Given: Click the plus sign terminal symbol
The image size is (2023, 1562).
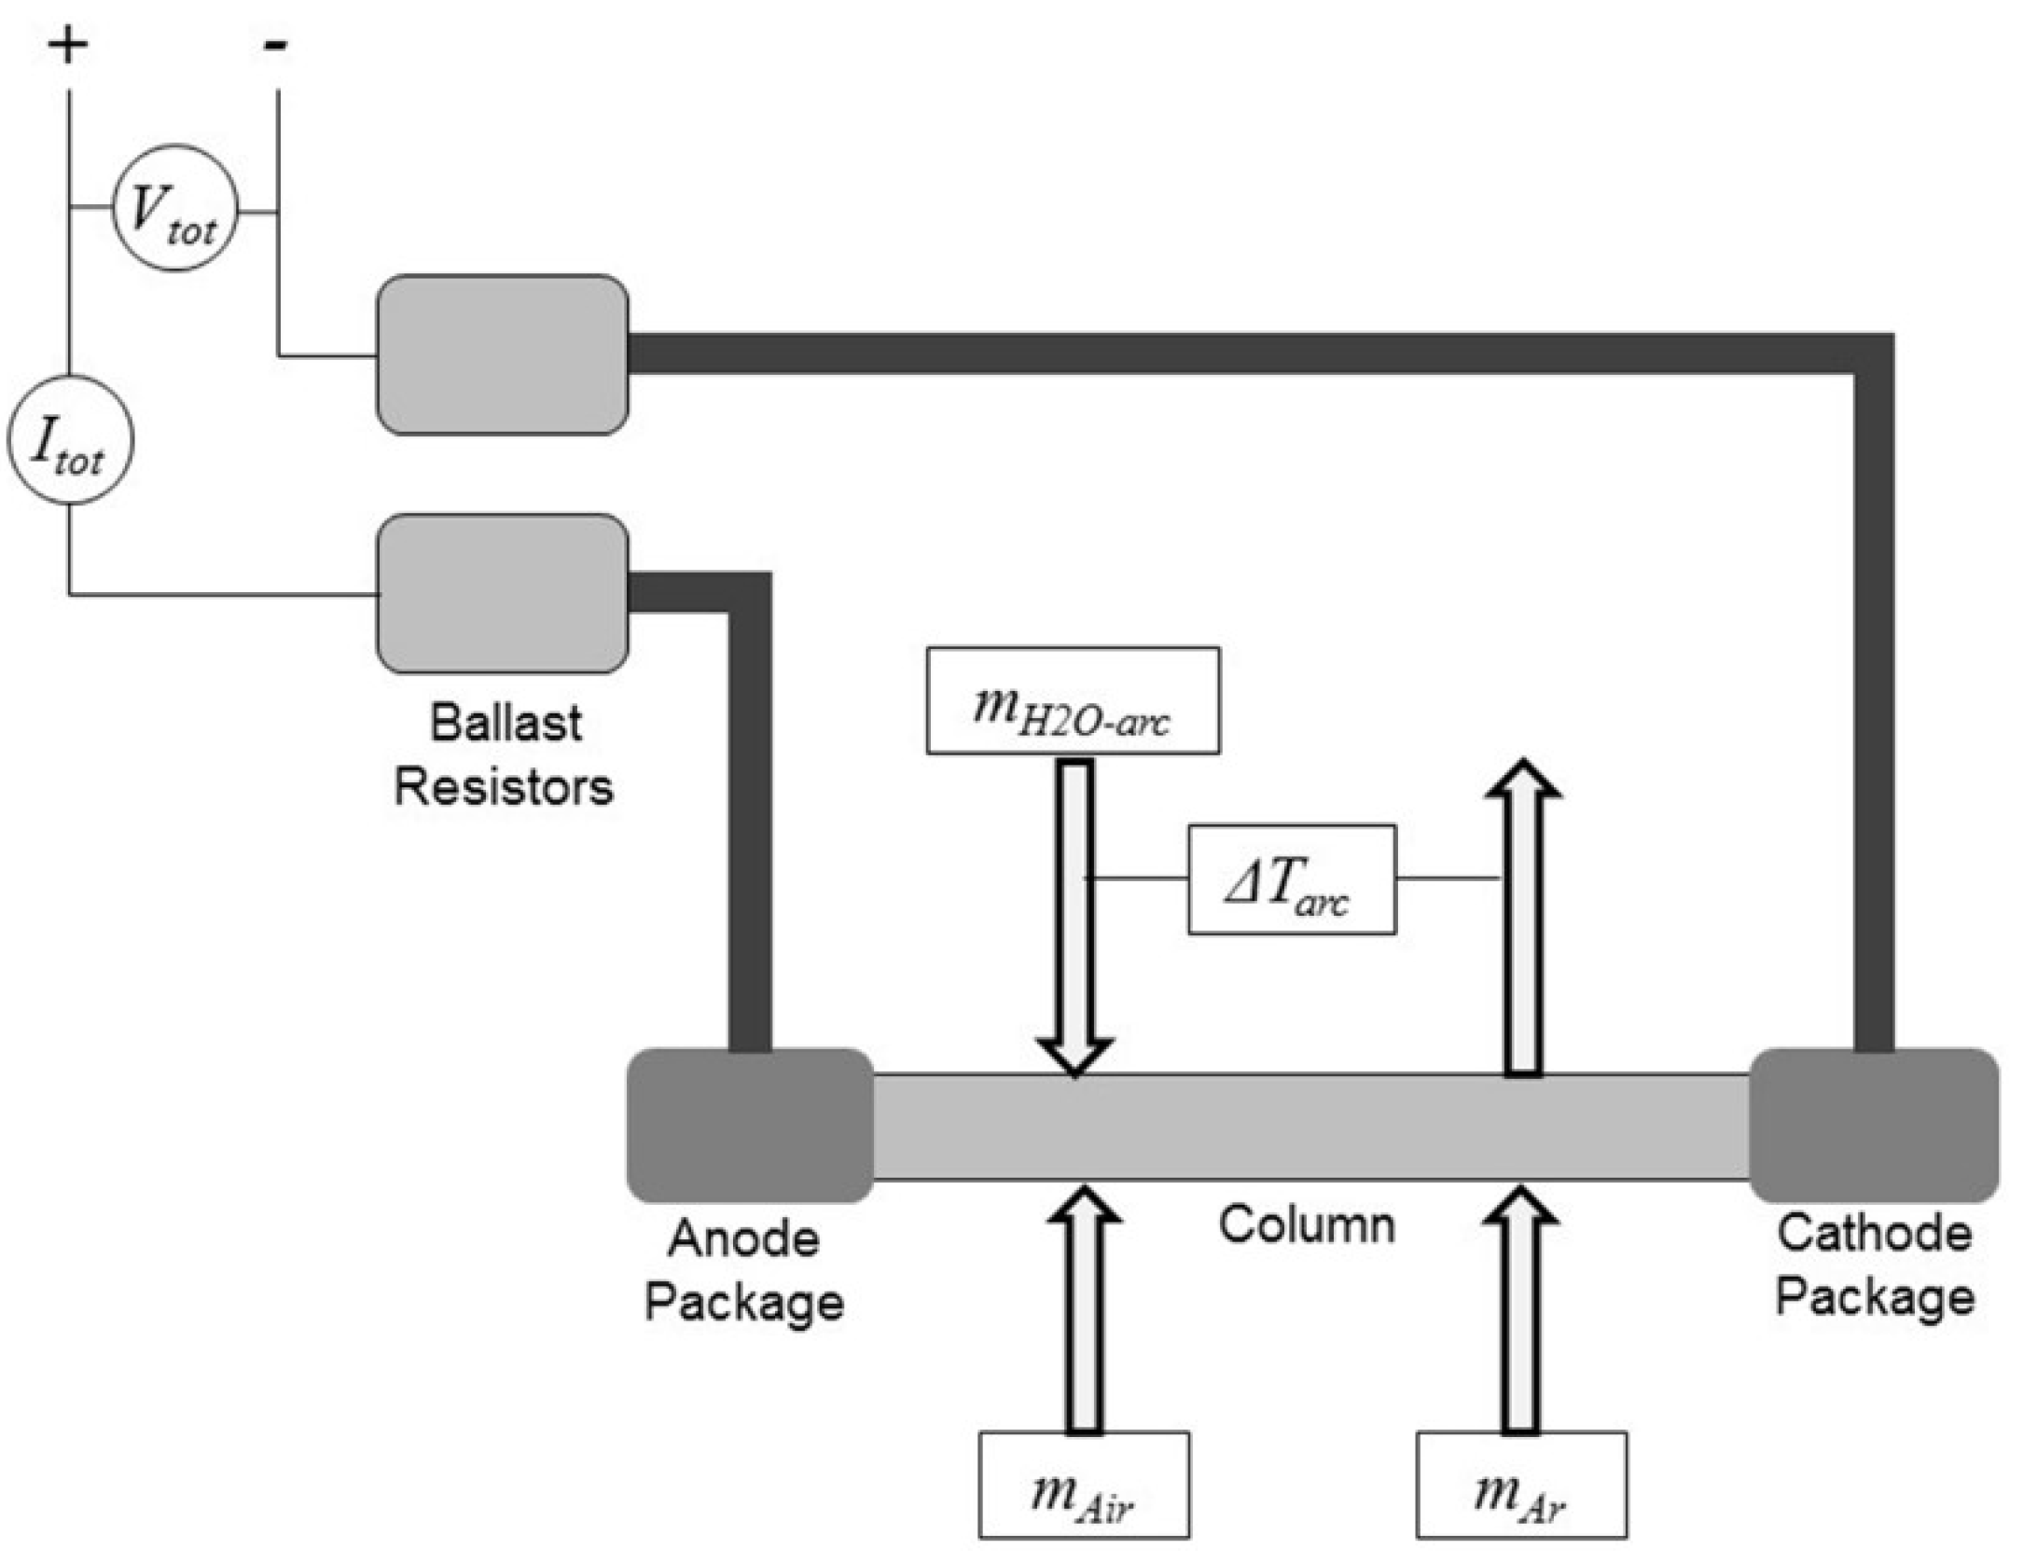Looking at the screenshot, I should click(x=67, y=45).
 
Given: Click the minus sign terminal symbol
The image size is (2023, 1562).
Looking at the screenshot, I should click(x=276, y=44).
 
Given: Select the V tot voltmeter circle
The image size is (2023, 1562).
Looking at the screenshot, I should click(x=175, y=208).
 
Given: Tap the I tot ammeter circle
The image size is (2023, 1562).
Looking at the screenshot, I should click(x=70, y=440).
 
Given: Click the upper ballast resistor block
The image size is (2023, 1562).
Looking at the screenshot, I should click(x=502, y=354).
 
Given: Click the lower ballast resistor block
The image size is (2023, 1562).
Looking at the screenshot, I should click(x=502, y=593).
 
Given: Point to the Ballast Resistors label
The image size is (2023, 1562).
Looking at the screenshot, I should click(x=504, y=754).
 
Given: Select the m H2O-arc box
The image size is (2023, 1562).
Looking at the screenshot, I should click(x=1073, y=700).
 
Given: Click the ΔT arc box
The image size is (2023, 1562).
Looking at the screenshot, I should click(x=1292, y=879).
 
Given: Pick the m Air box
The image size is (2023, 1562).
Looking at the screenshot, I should click(x=1084, y=1484).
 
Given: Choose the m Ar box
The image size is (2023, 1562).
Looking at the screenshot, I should click(x=1521, y=1484).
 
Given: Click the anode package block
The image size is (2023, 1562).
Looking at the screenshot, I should click(x=750, y=1125).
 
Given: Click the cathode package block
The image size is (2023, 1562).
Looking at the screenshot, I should click(x=1873, y=1125).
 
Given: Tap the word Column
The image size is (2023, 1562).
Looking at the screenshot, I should click(x=1307, y=1224).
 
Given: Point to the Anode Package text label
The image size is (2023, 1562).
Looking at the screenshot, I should click(x=744, y=1270).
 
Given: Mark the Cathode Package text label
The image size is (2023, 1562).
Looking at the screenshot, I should click(x=1875, y=1265).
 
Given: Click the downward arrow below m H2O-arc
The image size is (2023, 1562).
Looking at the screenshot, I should click(x=1075, y=914).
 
